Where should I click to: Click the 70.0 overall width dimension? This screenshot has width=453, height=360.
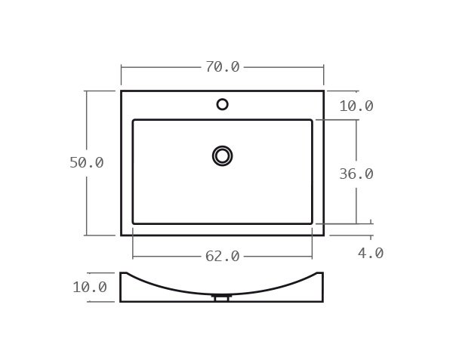(x=222, y=67)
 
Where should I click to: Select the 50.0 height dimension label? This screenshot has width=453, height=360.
(x=86, y=162)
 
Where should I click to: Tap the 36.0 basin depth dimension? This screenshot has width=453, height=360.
(x=356, y=174)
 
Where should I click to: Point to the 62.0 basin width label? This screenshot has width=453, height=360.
(x=222, y=257)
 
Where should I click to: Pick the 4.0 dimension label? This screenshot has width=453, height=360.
(x=370, y=253)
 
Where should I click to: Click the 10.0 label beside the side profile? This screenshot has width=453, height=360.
(x=89, y=287)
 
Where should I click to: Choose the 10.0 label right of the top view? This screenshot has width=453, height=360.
(x=356, y=106)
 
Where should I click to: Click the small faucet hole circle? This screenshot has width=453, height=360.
(x=222, y=104)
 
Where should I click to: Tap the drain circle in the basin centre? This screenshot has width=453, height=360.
(x=222, y=155)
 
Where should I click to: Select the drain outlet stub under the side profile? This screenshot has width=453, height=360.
(x=221, y=298)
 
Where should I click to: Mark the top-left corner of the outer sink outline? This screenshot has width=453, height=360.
(x=122, y=91)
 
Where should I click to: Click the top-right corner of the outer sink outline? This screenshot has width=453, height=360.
(x=323, y=91)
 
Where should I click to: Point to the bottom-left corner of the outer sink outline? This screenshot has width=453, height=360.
(x=122, y=235)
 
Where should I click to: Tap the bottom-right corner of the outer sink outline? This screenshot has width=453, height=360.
(x=323, y=235)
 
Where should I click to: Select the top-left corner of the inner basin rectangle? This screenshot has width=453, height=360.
(x=134, y=120)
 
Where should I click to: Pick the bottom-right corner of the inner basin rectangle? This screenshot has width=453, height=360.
(x=311, y=223)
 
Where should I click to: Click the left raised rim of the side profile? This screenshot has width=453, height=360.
(x=123, y=274)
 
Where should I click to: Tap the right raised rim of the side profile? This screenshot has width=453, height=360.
(x=319, y=274)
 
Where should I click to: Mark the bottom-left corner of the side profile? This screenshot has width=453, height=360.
(x=121, y=301)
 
